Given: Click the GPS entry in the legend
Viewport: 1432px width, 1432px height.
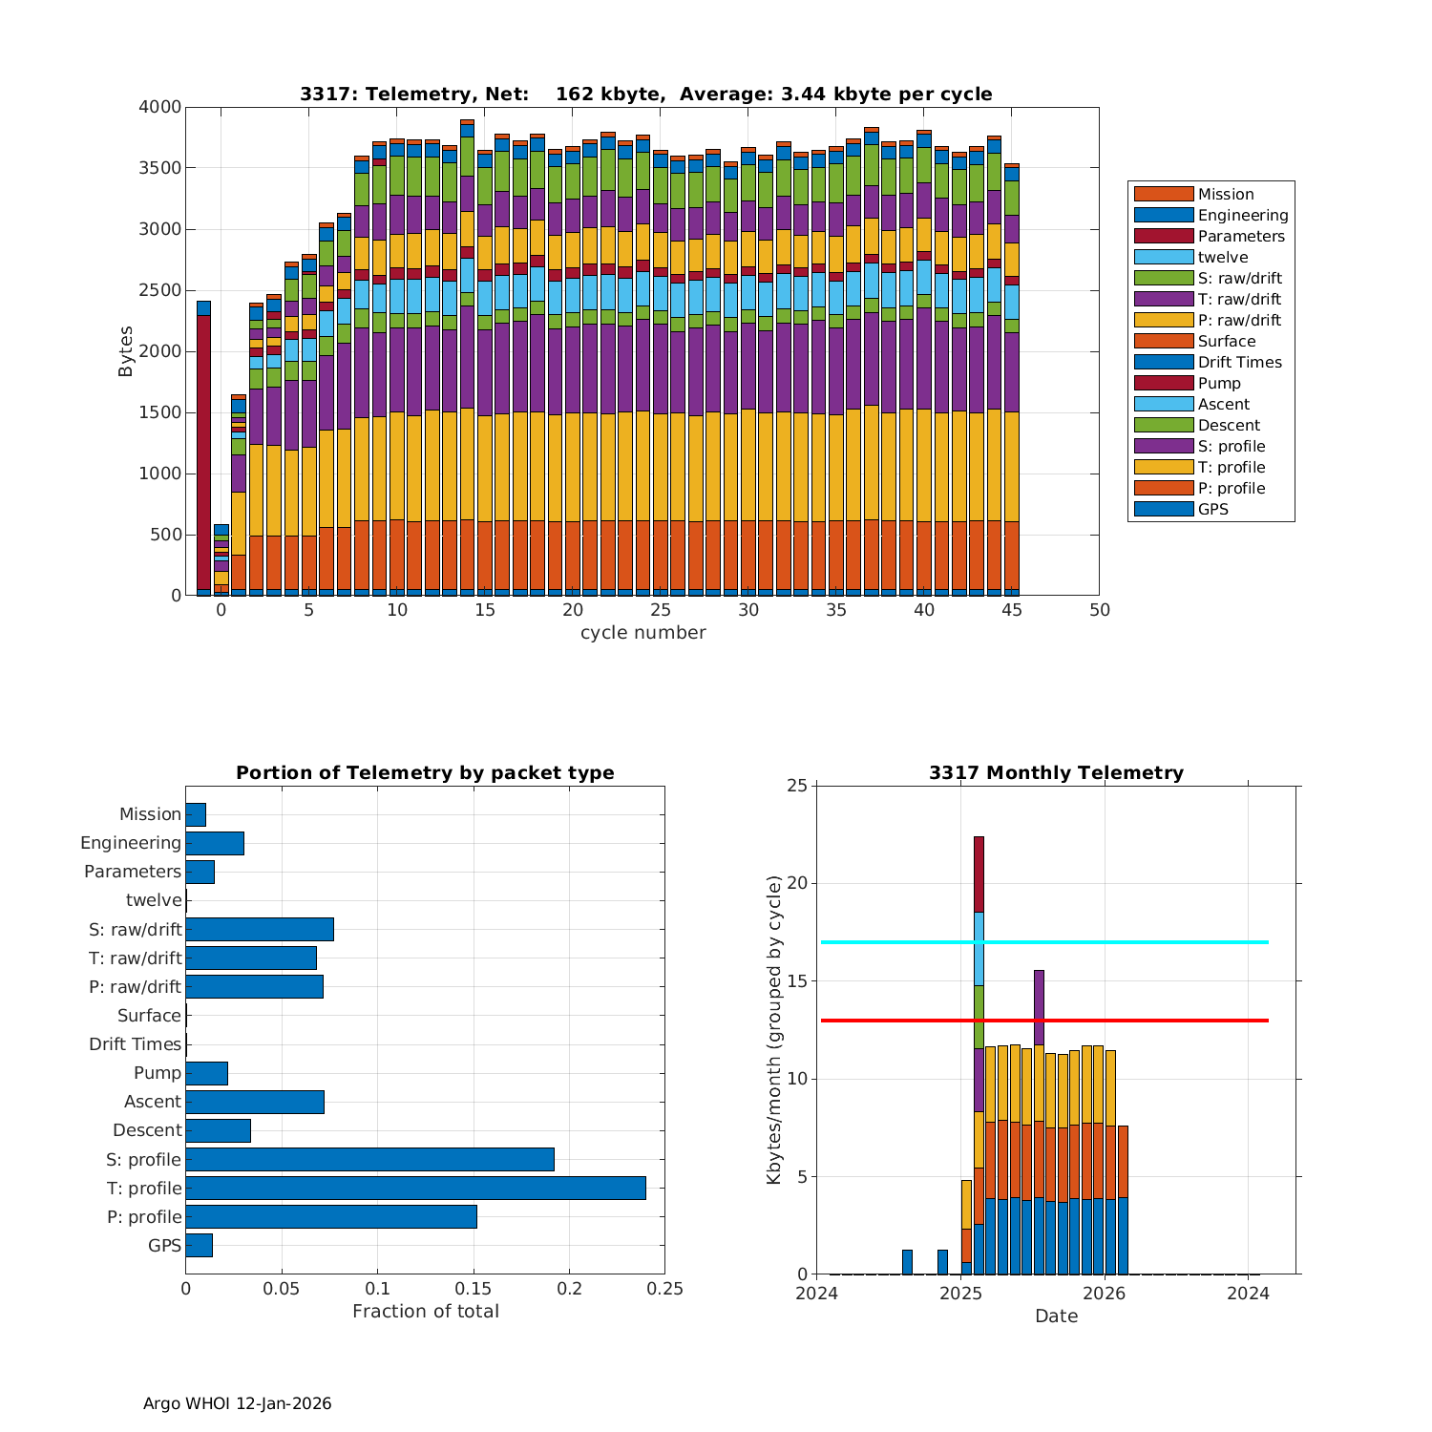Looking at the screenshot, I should point(1212,509).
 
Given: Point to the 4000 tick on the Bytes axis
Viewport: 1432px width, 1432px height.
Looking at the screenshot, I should point(160,107).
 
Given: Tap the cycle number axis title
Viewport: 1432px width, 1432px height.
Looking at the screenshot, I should point(642,632).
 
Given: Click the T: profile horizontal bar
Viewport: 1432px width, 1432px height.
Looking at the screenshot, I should point(415,1188).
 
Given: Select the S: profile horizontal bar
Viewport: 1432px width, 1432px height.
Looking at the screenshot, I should point(369,1159).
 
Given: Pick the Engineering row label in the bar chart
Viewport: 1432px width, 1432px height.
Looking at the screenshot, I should point(131,843).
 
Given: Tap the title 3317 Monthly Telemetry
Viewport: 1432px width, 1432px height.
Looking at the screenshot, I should point(1056,773).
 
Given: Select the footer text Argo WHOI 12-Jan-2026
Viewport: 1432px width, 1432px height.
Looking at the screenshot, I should point(237,1403).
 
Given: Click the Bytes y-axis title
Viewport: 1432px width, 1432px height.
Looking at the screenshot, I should point(126,351).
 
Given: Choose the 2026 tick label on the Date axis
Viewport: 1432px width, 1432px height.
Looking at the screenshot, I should point(1105,1294).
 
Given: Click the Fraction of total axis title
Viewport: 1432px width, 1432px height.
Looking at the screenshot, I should point(426,1312).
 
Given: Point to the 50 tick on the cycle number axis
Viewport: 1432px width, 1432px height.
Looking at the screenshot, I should point(1100,610).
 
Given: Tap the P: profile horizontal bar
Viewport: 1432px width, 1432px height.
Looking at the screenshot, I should point(330,1216).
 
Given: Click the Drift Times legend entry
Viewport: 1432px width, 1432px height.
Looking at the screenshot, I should point(1239,362).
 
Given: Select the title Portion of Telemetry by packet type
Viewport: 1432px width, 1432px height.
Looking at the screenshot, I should point(425,773).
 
